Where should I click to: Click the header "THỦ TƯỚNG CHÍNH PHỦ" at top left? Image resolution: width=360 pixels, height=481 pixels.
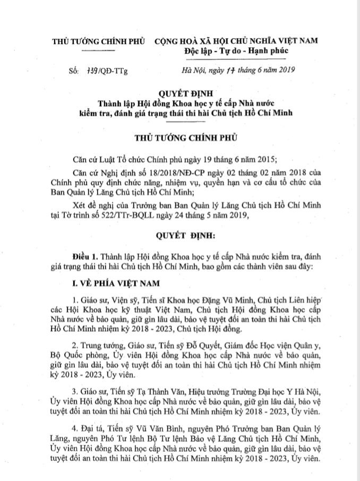pos(99,41)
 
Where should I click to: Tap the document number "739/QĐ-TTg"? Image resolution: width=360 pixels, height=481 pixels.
pos(104,69)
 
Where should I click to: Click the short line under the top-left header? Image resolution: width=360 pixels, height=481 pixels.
pos(99,50)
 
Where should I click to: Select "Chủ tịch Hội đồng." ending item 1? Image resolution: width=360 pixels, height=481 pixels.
pos(210,329)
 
